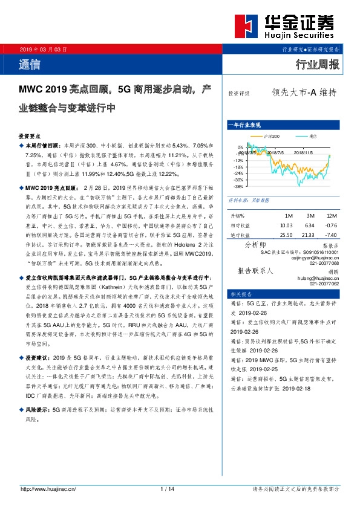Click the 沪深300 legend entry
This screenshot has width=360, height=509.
[x=272, y=137]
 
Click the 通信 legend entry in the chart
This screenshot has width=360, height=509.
[x=312, y=137]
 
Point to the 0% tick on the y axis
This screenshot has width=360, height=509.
[x=240, y=147]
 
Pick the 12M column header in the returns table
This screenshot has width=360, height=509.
[x=331, y=216]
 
